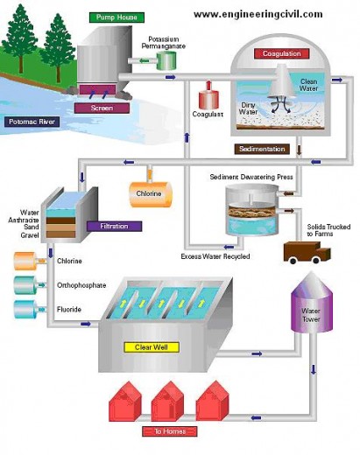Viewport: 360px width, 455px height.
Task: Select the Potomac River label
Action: click(32, 122)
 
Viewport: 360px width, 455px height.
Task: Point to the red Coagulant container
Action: click(209, 95)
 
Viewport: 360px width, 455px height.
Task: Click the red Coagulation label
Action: click(281, 53)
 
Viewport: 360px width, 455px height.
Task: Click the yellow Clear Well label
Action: click(157, 346)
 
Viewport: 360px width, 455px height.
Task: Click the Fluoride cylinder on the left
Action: click(24, 307)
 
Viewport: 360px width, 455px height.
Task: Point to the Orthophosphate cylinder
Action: click(24, 283)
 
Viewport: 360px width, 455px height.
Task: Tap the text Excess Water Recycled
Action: click(215, 255)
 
